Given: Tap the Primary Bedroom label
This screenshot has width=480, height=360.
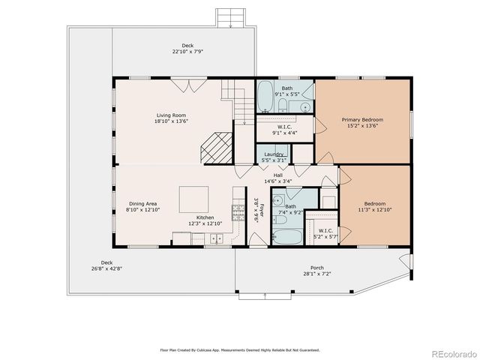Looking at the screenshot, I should (362, 120).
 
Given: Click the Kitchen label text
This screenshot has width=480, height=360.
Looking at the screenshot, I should (205, 217).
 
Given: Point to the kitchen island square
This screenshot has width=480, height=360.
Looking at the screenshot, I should (193, 199).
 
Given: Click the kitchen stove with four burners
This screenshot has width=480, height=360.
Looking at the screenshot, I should (239, 212).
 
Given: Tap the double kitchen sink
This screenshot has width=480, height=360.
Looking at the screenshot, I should (215, 238).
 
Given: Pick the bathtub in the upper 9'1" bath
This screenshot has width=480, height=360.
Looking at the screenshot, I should (266, 98).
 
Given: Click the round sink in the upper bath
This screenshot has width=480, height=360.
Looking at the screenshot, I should (306, 108).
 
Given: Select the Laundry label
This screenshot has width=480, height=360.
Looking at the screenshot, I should (273, 154).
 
